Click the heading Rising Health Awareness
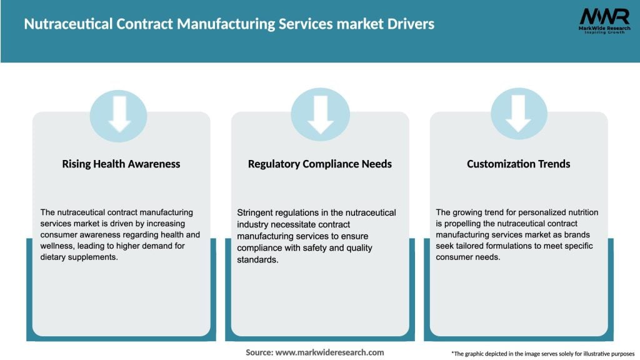click(121, 164)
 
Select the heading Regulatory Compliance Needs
click(320, 164)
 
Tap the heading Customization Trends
click(519, 164)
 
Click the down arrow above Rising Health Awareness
click(119, 114)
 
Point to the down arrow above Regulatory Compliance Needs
click(320, 114)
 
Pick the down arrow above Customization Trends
click(519, 114)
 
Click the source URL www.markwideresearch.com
click(329, 352)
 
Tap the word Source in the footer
click(259, 352)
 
